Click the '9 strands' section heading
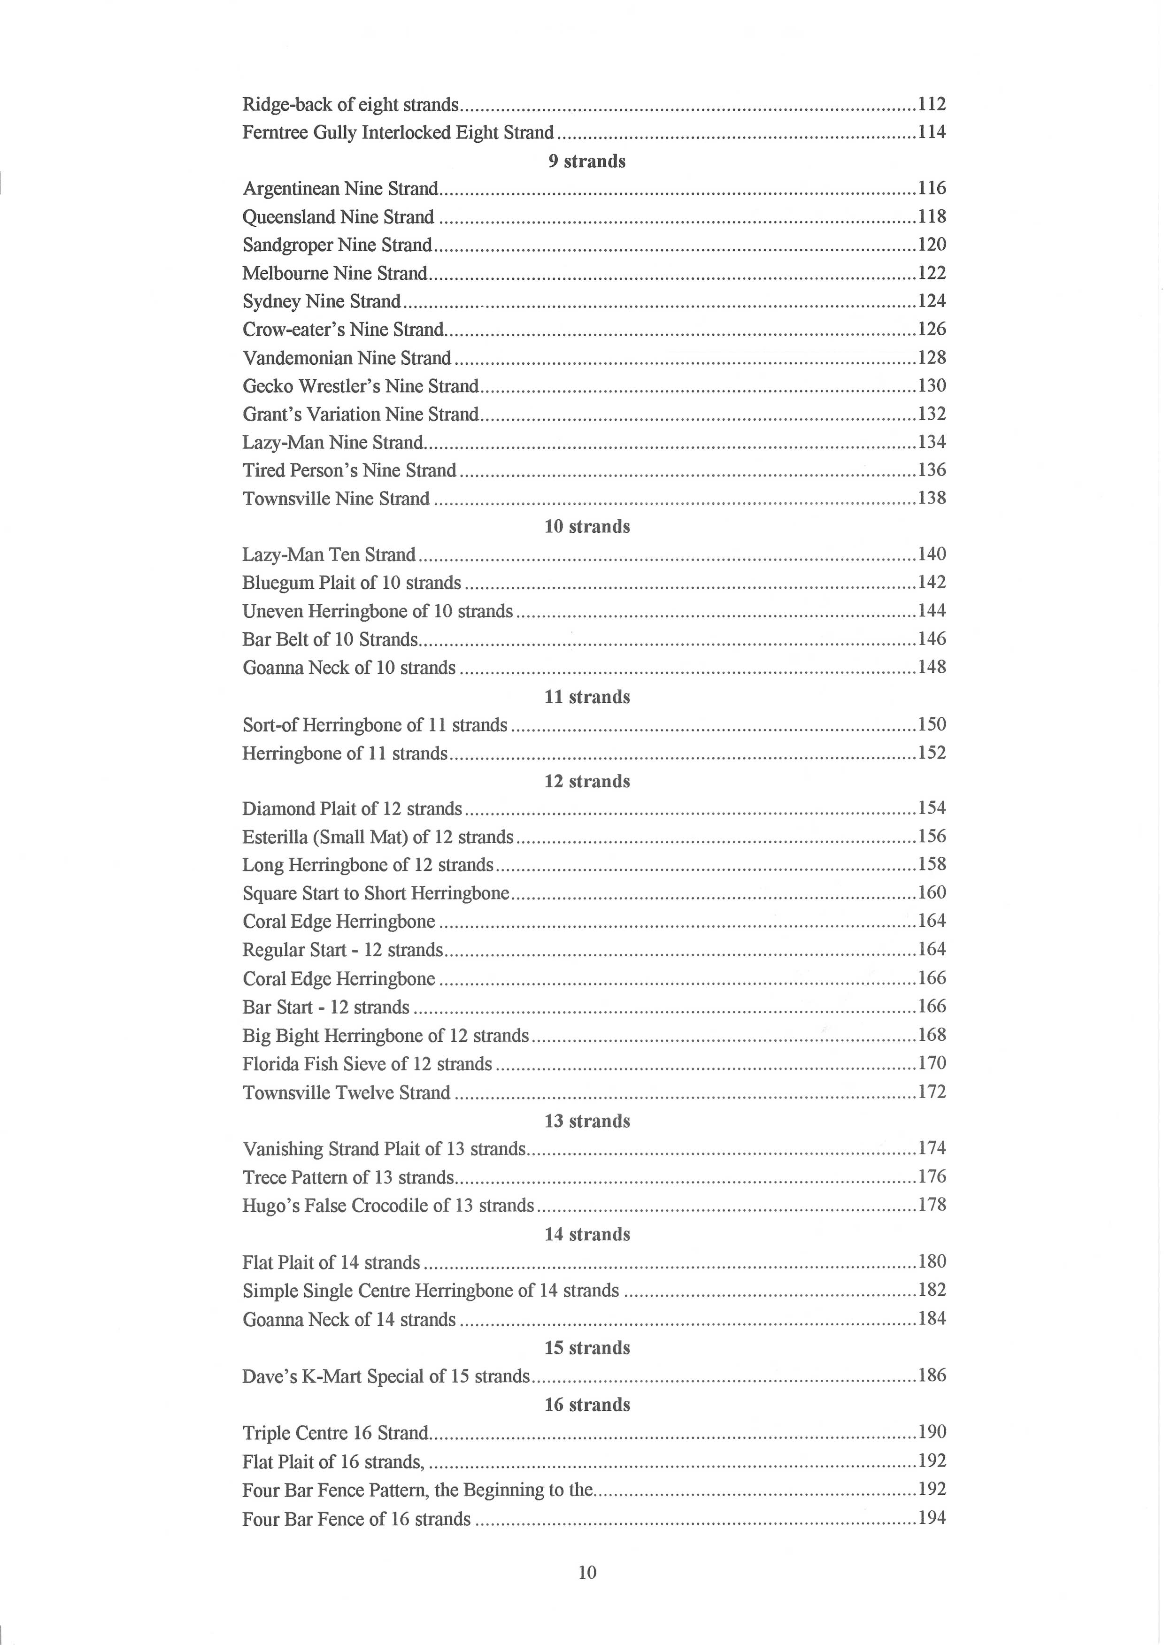(x=587, y=161)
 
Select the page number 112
(x=932, y=105)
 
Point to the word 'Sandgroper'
(x=287, y=245)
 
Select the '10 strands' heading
(x=587, y=527)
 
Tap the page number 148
(x=932, y=667)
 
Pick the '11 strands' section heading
(x=587, y=697)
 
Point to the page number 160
(x=932, y=893)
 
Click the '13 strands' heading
(x=587, y=1121)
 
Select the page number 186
(x=932, y=1376)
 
